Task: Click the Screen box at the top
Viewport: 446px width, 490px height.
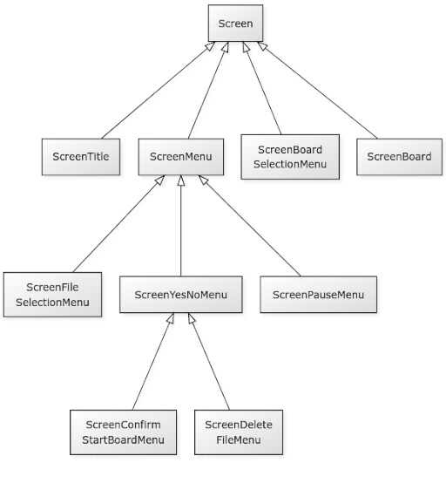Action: [x=235, y=24]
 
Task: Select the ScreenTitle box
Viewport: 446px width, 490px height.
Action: [x=81, y=157]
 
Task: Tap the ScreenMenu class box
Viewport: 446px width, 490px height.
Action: [x=181, y=157]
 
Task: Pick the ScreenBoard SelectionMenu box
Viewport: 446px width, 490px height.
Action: [x=290, y=157]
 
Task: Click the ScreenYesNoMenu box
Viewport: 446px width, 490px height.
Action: [x=181, y=295]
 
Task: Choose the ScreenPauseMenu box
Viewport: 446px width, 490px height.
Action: [x=318, y=295]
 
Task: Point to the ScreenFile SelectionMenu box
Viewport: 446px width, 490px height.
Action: [x=52, y=295]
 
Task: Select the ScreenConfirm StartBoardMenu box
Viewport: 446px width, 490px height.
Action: [x=123, y=432]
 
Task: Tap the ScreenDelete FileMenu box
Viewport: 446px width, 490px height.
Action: [x=239, y=432]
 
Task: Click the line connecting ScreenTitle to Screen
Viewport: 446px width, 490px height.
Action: [x=159, y=90]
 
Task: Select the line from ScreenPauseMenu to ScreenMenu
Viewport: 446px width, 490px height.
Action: [x=249, y=226]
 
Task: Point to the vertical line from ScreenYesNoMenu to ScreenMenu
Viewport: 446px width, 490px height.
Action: [x=181, y=226]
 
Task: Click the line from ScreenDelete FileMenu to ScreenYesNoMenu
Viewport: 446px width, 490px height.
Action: [x=209, y=361]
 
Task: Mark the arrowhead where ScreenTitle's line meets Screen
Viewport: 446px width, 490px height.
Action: [x=210, y=46]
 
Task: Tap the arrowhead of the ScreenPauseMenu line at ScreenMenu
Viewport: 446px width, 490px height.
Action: [x=203, y=180]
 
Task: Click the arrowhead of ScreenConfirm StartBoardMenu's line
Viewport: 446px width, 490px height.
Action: [x=170, y=317]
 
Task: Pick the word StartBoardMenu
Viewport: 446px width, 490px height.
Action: [x=123, y=439]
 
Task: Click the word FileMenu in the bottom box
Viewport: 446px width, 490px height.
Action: [x=239, y=439]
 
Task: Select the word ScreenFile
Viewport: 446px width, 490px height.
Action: [x=52, y=287]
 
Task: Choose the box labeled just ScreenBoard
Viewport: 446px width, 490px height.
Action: [x=400, y=157]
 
